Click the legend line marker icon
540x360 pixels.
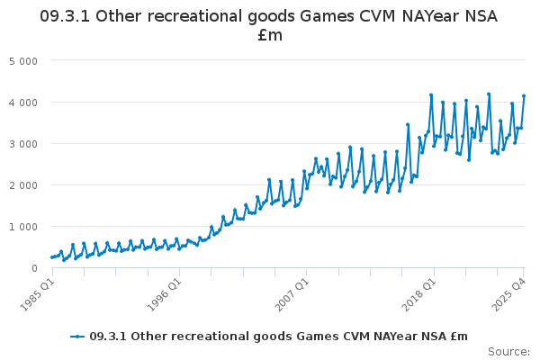[78, 337]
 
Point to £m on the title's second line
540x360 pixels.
[270, 36]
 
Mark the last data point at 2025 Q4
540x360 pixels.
[524, 96]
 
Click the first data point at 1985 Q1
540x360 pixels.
[52, 257]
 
